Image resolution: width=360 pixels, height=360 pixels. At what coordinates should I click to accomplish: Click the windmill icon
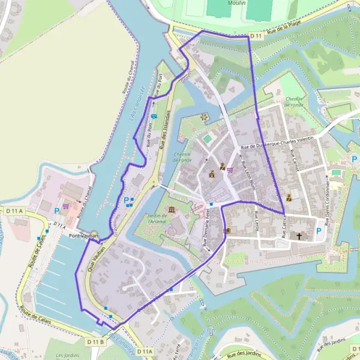(x=203, y=116)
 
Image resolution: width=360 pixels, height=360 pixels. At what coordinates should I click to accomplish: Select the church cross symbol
(x=299, y=236)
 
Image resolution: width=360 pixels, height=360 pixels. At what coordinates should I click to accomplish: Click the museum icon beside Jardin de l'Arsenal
(x=172, y=209)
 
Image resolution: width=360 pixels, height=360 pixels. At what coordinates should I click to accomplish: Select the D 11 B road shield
(x=95, y=341)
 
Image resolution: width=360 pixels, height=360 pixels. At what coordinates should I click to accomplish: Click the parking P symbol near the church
(x=319, y=230)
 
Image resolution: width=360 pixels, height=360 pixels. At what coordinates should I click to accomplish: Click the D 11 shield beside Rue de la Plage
(x=257, y=35)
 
